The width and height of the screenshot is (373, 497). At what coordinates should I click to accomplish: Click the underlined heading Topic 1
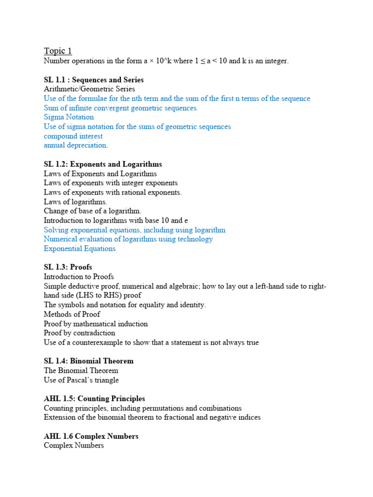tap(58, 51)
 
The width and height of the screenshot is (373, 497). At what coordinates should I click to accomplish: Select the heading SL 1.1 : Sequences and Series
tap(94, 80)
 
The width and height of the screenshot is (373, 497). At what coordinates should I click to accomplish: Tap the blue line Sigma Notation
tap(68, 117)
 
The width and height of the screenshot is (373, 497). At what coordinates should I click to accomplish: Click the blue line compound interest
tap(73, 136)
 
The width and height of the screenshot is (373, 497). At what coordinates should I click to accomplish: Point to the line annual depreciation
tap(76, 145)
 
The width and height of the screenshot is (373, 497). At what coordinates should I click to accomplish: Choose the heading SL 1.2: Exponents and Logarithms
tap(103, 164)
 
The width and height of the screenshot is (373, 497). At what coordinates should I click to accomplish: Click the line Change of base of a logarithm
tap(92, 211)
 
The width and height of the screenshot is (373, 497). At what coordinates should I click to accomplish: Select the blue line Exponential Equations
tap(80, 248)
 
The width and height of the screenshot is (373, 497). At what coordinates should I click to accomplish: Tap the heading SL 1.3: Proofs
tap(68, 267)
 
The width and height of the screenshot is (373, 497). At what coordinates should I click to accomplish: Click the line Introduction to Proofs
tap(79, 277)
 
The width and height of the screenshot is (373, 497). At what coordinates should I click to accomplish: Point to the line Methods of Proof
tap(72, 314)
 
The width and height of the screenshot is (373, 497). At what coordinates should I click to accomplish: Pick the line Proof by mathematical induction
tap(96, 324)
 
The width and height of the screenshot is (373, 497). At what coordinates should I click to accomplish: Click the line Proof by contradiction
tap(79, 333)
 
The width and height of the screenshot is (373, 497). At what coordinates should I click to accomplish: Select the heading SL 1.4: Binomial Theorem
tap(88, 361)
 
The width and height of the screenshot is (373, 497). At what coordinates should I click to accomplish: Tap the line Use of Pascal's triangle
tap(81, 380)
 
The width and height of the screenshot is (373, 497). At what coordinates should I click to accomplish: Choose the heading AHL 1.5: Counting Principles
tap(94, 398)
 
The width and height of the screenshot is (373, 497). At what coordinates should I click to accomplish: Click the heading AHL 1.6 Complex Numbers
tap(91, 436)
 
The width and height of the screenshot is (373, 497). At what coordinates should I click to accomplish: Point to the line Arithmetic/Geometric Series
tap(89, 89)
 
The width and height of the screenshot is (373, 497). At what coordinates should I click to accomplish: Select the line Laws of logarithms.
tap(75, 201)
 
